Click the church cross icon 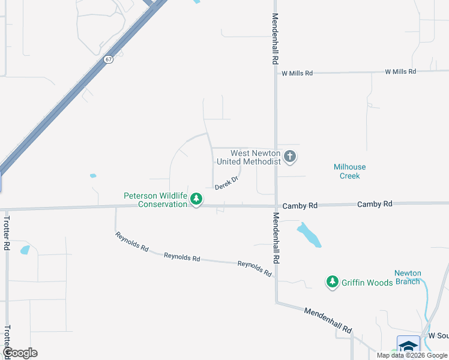(290, 157)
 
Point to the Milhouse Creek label (349, 171)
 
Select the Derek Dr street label (227, 182)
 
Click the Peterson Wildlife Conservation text (155, 200)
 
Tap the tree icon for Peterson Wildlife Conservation (196, 199)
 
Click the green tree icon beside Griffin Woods (332, 281)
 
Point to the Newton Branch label (408, 277)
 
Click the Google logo (20, 353)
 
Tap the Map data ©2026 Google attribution (411, 355)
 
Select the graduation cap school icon (408, 346)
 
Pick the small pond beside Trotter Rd (25, 250)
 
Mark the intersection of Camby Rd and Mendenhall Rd (276, 205)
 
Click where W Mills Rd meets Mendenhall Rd (276, 73)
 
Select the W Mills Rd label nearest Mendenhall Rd (297, 73)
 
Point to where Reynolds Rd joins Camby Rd (115, 208)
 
